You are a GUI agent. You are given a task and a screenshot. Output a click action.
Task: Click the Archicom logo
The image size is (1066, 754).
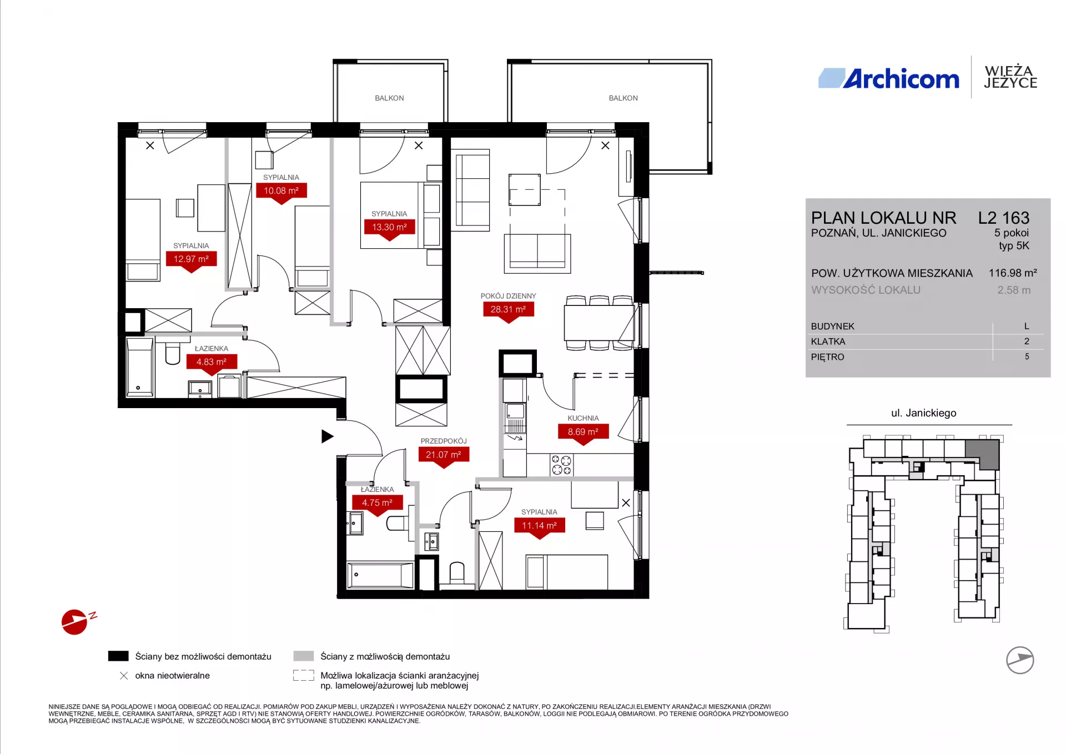point(888,79)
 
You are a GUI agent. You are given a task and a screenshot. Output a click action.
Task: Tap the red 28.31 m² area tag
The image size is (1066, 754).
point(508,311)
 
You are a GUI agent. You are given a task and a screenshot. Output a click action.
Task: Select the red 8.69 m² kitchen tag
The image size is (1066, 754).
point(583,433)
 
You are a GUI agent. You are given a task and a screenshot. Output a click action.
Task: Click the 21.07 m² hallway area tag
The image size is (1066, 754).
point(444,456)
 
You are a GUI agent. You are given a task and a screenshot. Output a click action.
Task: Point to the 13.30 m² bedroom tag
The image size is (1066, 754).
point(389,229)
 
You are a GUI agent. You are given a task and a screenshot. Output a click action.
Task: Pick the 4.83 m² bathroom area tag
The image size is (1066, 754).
point(211,364)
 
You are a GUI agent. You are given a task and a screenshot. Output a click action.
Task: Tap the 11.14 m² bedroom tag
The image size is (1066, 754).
point(539,527)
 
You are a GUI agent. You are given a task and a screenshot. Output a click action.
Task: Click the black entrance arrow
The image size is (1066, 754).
point(328,436)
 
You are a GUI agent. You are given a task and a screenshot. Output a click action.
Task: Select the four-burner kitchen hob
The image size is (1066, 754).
point(561,465)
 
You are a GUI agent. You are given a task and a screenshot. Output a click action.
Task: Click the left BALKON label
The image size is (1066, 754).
point(389,98)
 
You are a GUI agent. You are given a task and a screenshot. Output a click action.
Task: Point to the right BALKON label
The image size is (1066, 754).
point(623,98)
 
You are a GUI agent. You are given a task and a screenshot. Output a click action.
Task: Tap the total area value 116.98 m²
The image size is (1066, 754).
point(1013,273)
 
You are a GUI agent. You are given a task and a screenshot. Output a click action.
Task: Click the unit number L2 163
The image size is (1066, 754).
point(1004,218)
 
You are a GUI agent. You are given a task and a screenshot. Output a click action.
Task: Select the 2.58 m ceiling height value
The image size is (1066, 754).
point(1014,290)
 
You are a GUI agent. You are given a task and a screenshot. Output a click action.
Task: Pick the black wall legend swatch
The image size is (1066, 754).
point(118,656)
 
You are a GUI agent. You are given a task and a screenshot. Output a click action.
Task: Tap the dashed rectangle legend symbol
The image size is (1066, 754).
point(304,676)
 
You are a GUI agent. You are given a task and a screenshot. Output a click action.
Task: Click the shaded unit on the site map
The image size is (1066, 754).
point(983,453)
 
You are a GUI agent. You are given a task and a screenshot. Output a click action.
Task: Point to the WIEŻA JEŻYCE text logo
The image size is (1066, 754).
point(1010,77)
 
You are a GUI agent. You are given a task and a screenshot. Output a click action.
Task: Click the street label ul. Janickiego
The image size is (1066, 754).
point(924,413)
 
